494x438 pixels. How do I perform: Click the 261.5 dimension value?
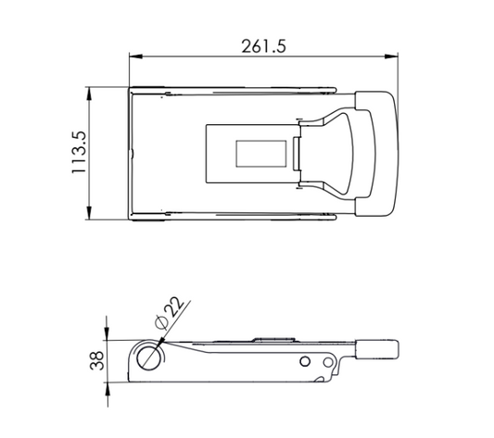(x=264, y=46)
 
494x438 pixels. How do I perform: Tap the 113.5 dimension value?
(x=79, y=153)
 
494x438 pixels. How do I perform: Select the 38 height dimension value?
(x=97, y=360)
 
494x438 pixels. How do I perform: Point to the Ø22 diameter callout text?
(x=170, y=312)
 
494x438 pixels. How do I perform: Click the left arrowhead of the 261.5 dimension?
(x=136, y=56)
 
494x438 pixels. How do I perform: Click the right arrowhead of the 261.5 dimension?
(x=391, y=56)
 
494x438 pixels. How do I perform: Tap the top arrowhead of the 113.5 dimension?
(x=89, y=94)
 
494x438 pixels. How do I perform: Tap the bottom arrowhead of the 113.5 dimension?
(x=89, y=213)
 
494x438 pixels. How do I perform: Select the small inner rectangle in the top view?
(x=261, y=154)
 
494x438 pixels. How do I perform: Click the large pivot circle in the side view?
(x=147, y=358)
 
